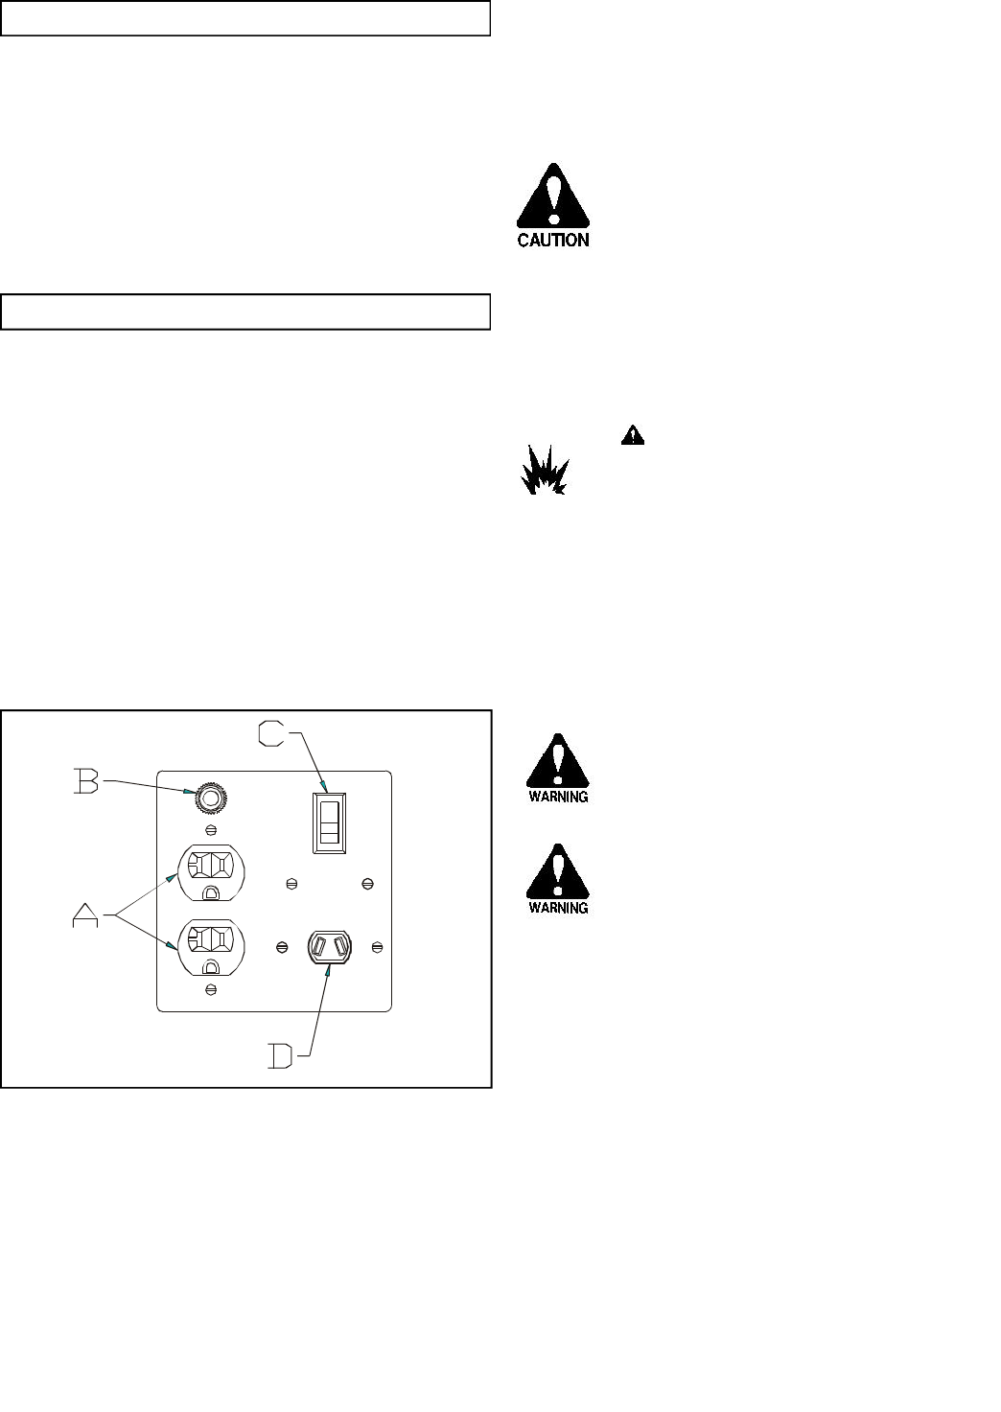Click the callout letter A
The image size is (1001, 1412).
tap(86, 917)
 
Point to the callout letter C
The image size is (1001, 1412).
tap(272, 734)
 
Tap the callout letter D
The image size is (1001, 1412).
tap(281, 1058)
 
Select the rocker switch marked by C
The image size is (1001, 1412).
tap(329, 822)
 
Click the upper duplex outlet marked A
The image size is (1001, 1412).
tap(211, 871)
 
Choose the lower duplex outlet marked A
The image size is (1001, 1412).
tap(211, 944)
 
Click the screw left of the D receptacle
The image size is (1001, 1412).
tap(281, 947)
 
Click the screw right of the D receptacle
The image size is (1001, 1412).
tap(378, 947)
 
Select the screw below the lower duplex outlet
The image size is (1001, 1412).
tap(210, 987)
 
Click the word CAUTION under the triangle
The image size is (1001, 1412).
tap(553, 241)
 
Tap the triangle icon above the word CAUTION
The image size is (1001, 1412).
tap(553, 197)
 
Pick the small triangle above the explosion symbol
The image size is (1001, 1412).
tap(633, 435)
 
